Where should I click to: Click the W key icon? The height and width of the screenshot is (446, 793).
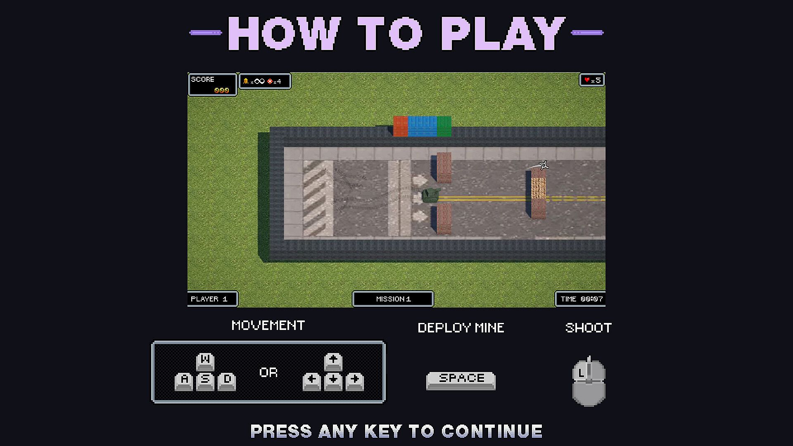point(205,362)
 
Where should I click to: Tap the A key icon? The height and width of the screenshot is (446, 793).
point(184,381)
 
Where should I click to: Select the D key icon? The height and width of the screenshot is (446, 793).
point(227,381)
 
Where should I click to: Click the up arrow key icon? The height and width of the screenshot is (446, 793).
point(333,362)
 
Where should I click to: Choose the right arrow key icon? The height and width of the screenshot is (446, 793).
point(355,381)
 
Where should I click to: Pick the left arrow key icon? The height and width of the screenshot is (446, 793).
point(312,381)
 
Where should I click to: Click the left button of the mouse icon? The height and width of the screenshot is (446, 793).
point(581,371)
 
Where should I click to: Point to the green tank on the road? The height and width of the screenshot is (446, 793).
point(431,195)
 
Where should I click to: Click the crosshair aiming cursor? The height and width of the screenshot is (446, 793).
point(544,166)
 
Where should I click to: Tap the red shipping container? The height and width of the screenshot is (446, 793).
point(401,126)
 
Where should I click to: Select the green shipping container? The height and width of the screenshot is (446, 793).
point(444,126)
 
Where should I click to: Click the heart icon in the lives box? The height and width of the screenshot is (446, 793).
point(586,80)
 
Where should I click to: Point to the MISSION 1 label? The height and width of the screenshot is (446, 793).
point(393,299)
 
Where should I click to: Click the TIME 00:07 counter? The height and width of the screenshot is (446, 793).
point(582,299)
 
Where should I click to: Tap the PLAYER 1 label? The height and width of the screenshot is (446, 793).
point(209,299)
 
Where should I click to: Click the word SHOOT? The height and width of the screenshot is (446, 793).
point(589,328)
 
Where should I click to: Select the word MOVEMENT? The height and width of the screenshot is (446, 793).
point(268,325)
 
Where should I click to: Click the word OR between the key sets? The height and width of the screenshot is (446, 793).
point(268,372)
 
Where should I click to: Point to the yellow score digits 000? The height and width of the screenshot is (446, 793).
point(222,90)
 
